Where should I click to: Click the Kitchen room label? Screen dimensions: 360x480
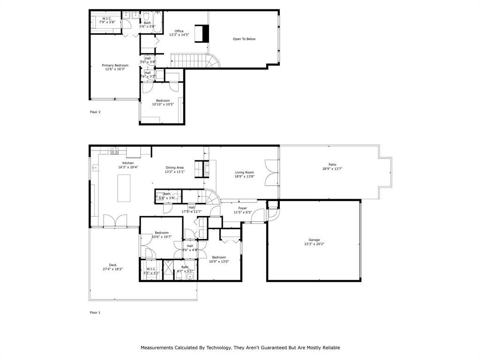[128, 163]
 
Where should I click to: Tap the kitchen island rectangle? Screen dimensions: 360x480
[124, 188]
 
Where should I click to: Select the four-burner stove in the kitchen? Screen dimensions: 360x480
[114, 151]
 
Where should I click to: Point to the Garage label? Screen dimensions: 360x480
[314, 240]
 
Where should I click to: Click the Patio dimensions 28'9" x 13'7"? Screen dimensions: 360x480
[332, 169]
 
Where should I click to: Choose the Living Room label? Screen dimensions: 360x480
[244, 172]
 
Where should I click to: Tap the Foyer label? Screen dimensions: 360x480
[242, 208]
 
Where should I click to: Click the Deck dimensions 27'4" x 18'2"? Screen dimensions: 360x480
[112, 269]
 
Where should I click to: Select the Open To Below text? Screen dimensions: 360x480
[244, 39]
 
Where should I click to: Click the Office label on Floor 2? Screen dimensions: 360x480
[179, 31]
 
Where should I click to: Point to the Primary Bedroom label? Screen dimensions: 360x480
[115, 65]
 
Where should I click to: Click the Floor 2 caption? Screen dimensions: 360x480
[95, 112]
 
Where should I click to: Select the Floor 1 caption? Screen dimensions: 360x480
[95, 312]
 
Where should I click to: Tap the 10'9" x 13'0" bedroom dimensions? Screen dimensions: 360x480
[218, 262]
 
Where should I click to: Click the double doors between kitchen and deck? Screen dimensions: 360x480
[115, 221]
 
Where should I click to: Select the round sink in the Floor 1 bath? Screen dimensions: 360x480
[190, 277]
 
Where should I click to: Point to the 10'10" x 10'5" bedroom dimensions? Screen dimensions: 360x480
[163, 105]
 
